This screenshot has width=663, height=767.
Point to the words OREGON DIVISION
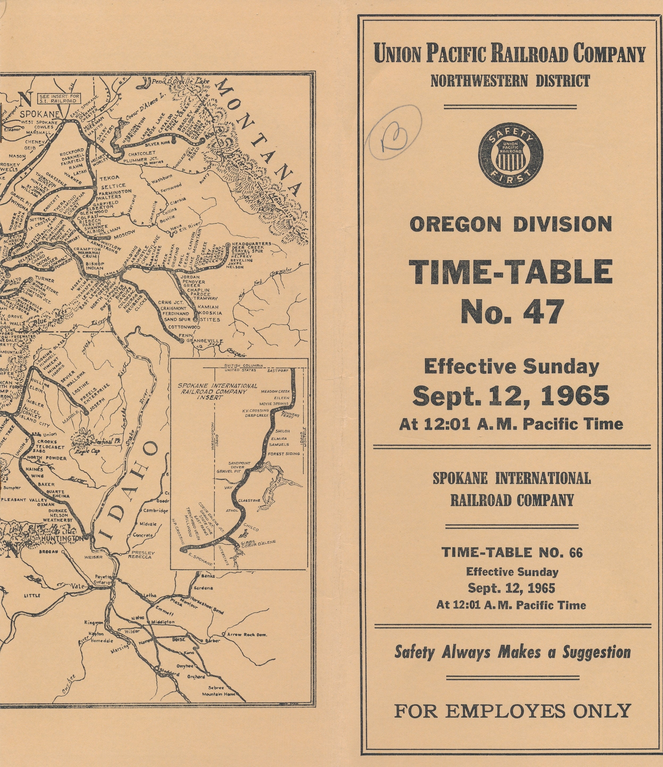coord(511,225)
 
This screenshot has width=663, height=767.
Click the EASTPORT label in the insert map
coord(278,371)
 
